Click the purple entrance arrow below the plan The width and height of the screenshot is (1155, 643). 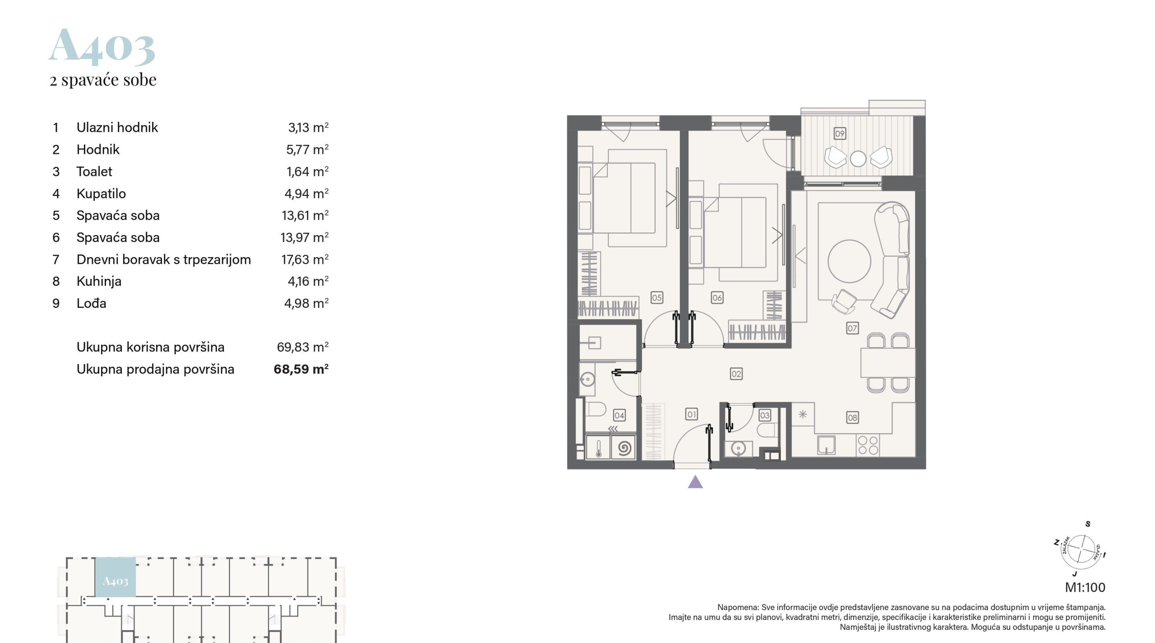pyautogui.click(x=695, y=482)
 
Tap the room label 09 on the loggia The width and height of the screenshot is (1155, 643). pyautogui.click(x=840, y=134)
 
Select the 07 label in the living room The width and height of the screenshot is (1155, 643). pyautogui.click(x=852, y=328)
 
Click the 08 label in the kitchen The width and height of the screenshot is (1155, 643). pyautogui.click(x=852, y=417)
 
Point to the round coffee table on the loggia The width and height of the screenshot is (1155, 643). pyautogui.click(x=858, y=158)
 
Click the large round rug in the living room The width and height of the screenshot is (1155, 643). pyautogui.click(x=850, y=262)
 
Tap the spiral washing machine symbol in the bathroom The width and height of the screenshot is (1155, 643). pyautogui.click(x=624, y=449)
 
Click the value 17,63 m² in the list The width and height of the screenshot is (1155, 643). pyautogui.click(x=305, y=259)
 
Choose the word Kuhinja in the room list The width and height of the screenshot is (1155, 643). pyautogui.click(x=99, y=281)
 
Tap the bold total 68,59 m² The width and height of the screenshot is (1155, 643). pyautogui.click(x=301, y=369)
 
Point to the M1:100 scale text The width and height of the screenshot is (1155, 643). pyautogui.click(x=1085, y=587)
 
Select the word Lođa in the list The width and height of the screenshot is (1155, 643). pyautogui.click(x=92, y=303)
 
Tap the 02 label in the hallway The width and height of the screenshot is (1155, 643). pyautogui.click(x=736, y=374)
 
